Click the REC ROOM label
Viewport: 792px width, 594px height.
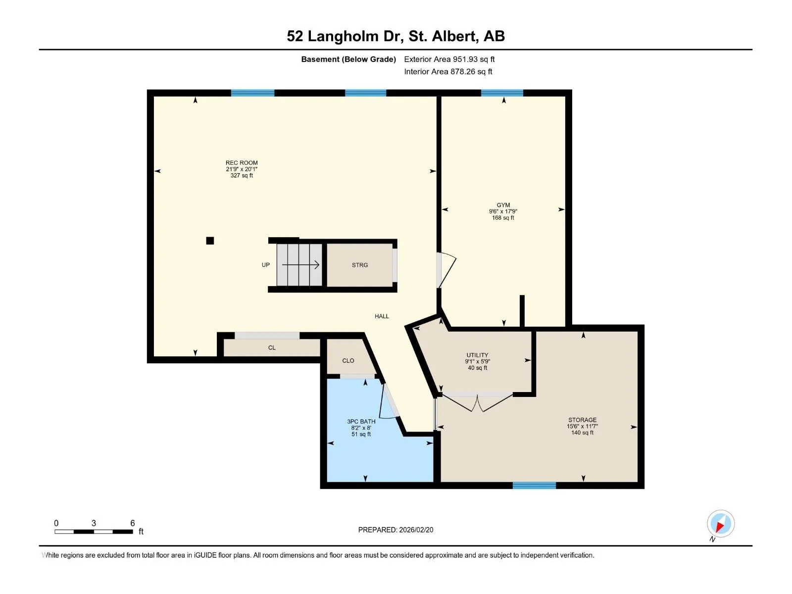click(x=242, y=163)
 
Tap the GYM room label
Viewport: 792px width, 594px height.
click(x=503, y=205)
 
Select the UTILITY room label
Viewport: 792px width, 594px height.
click(x=477, y=355)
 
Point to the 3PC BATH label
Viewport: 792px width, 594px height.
click(x=361, y=421)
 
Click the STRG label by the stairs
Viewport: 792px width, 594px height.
click(x=360, y=265)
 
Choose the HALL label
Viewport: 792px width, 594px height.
click(x=381, y=316)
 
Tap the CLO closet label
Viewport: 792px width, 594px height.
click(x=348, y=361)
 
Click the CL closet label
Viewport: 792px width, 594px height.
click(x=272, y=347)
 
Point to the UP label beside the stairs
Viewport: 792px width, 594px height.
click(x=265, y=265)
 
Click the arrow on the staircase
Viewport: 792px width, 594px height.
click(x=300, y=265)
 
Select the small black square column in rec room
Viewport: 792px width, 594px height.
click(x=210, y=241)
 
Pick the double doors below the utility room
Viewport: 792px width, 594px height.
click(x=477, y=402)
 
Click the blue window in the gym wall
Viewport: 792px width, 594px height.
click(x=502, y=93)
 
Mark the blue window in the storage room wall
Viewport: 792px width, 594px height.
click(x=534, y=485)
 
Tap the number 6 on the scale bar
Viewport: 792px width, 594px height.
click(x=133, y=523)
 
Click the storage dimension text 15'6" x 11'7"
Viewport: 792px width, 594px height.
click(x=582, y=426)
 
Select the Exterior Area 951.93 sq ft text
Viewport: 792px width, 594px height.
click(x=449, y=59)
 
